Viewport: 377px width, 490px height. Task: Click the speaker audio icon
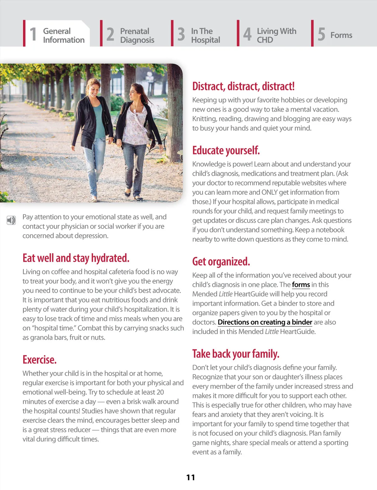point(11,220)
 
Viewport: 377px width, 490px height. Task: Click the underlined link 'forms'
point(301,285)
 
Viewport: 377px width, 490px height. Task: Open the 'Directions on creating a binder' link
point(265,322)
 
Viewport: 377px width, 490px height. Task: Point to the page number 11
point(190,477)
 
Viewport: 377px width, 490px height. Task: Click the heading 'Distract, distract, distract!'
point(243,86)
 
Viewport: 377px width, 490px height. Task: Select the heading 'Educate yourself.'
point(226,150)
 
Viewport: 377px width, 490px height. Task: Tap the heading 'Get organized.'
point(221,261)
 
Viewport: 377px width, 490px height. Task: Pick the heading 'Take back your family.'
point(236,354)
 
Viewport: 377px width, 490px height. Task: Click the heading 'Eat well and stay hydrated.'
point(76,258)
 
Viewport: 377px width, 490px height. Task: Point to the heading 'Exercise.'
point(40,359)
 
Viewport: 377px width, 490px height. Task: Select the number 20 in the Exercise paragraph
point(160,392)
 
